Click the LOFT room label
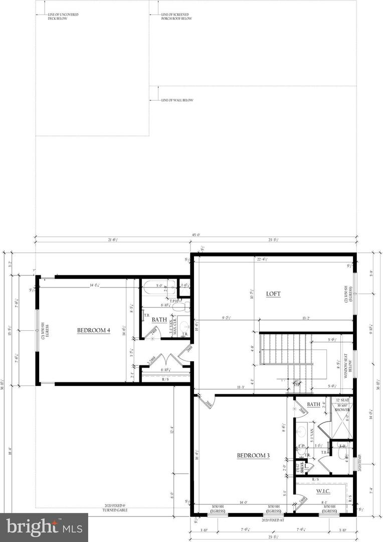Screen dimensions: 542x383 pyautogui.click(x=273, y=294)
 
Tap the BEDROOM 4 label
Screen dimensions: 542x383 pyautogui.click(x=94, y=330)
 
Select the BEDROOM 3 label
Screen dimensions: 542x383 pyautogui.click(x=253, y=456)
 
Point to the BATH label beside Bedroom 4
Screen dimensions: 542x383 pyautogui.click(x=159, y=319)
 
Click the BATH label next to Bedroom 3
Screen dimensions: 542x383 pyautogui.click(x=313, y=404)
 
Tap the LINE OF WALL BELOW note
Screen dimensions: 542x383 pyautogui.click(x=177, y=100)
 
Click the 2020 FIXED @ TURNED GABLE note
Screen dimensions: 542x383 pyautogui.click(x=116, y=508)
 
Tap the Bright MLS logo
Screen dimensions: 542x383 pyautogui.click(x=44, y=527)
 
